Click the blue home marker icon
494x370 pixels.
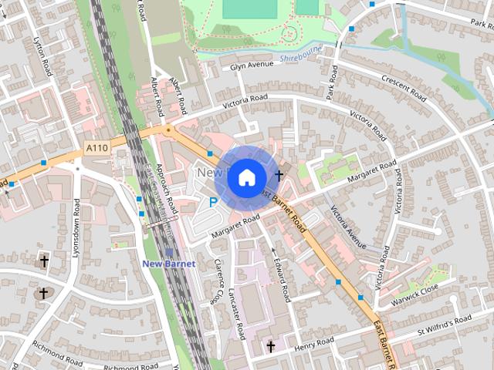[246, 177]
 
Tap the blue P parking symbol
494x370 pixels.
[213, 202]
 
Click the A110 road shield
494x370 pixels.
[97, 147]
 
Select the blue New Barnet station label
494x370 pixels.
[169, 264]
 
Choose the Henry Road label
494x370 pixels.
[314, 342]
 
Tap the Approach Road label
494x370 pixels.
[166, 188]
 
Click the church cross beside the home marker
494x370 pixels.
[279, 176]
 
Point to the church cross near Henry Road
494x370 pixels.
[270, 347]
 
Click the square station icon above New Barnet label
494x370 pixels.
[169, 251]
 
